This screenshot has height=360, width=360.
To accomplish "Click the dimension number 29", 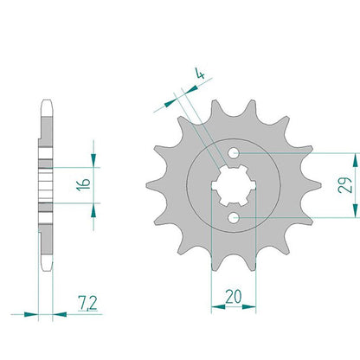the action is pyautogui.click(x=345, y=185).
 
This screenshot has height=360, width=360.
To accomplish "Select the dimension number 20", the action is pyautogui.click(x=233, y=297).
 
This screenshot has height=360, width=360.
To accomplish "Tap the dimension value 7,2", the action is pyautogui.click(x=87, y=303).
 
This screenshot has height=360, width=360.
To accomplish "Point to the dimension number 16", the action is pyautogui.click(x=83, y=184).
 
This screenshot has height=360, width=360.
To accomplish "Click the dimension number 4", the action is pyautogui.click(x=200, y=74).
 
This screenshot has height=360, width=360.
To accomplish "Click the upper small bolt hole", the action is pyautogui.click(x=234, y=153).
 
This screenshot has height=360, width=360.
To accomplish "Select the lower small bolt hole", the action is pyautogui.click(x=234, y=217).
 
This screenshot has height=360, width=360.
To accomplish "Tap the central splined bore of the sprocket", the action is pyautogui.click(x=234, y=185).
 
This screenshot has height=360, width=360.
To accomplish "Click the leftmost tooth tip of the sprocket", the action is pyautogui.click(x=147, y=185).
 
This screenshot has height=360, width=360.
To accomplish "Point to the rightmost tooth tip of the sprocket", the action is pyautogui.click(x=320, y=185).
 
